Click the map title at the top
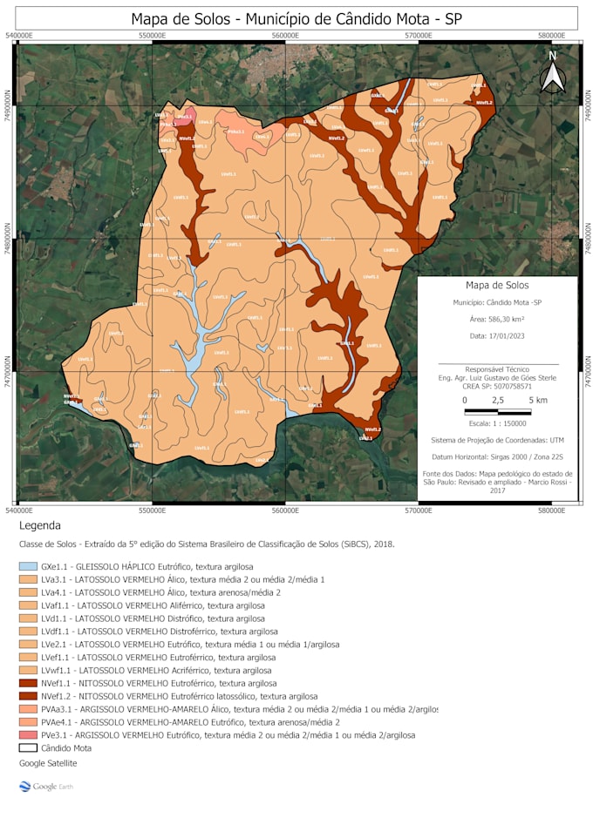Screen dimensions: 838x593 click(296, 18)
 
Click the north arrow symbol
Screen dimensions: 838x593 click(553, 73)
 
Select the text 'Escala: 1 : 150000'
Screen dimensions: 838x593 click(497, 422)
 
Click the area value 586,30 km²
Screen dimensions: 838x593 click(497, 319)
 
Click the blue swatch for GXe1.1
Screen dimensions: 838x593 click(28, 566)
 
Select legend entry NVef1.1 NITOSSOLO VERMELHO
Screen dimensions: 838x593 click(157, 684)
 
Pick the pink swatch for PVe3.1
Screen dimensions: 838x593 click(28, 735)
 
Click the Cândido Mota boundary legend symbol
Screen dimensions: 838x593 click(28, 747)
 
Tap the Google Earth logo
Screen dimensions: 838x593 click(47, 787)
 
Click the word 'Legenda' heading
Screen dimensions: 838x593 click(40, 525)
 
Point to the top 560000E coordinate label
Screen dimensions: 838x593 click(285, 36)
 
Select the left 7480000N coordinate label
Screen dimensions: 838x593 click(8, 238)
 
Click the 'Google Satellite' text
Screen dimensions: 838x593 click(48, 763)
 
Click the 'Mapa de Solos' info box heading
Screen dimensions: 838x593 click(497, 285)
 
